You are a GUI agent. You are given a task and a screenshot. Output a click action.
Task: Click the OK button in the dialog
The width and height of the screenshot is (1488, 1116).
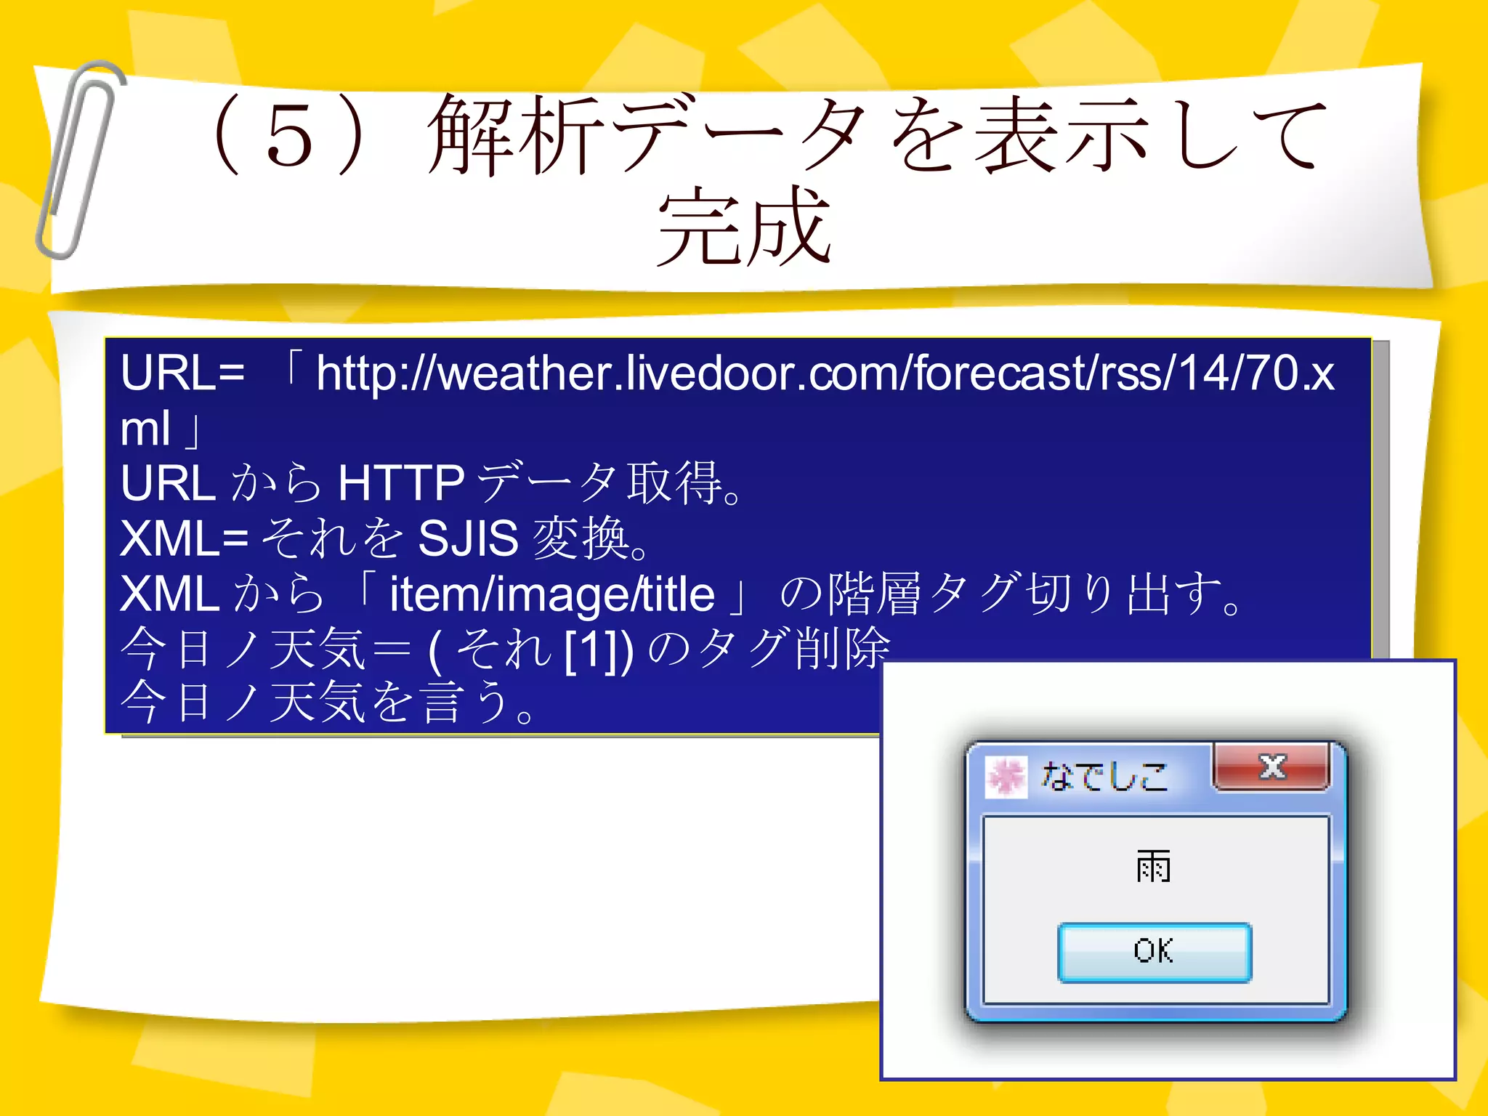click(1154, 952)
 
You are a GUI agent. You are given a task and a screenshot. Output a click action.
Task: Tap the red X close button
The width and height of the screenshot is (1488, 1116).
click(1271, 767)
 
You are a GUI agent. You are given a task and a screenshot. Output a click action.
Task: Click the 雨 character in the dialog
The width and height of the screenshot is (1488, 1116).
click(1153, 866)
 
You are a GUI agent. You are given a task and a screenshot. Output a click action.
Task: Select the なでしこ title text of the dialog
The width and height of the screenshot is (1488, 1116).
click(1104, 776)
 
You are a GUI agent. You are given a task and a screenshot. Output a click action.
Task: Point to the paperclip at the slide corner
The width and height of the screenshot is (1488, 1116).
click(78, 160)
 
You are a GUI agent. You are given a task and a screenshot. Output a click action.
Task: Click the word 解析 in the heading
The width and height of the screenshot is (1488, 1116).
click(517, 136)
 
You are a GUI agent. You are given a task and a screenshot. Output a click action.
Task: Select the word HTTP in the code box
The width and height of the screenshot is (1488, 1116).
click(401, 483)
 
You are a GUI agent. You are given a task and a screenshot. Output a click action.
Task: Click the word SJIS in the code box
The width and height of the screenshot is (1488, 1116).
click(468, 538)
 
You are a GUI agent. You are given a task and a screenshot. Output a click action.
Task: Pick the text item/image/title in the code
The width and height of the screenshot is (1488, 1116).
click(552, 594)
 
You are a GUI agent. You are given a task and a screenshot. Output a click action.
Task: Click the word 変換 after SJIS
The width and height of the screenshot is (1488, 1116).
click(580, 538)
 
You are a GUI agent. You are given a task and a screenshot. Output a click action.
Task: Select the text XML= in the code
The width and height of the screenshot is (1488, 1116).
click(185, 538)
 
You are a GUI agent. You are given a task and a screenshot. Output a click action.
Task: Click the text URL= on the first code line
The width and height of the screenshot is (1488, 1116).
click(182, 373)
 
